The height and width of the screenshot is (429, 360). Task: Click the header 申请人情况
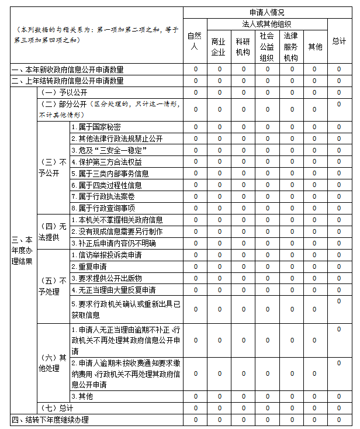point(266,12)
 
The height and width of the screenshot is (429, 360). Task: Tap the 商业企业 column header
point(219,47)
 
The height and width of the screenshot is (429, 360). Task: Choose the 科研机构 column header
point(243,47)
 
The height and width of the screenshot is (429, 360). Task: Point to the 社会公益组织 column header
point(267,47)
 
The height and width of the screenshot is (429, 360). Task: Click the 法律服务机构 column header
point(291,47)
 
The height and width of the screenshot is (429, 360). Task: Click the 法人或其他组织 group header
point(266,24)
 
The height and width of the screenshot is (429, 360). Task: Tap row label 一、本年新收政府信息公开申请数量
point(68,70)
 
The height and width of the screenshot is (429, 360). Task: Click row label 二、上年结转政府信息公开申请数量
point(68,81)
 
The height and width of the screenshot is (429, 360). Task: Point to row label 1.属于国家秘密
point(96,127)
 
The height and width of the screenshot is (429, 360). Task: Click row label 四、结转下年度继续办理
point(50,420)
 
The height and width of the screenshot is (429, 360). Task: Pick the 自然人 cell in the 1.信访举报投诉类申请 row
point(195,255)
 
